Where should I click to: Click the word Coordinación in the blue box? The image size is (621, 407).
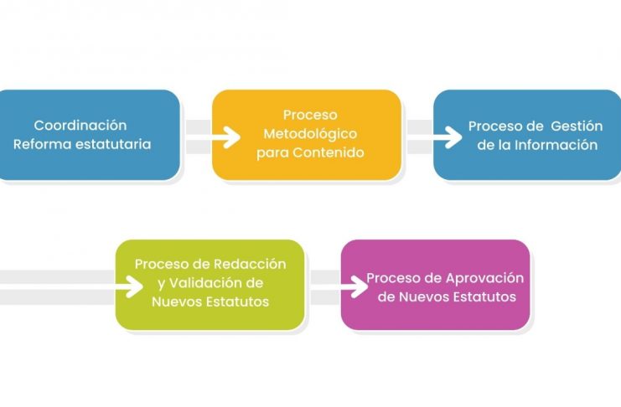coord(80,125)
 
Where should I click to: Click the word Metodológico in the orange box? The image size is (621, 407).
coord(310,134)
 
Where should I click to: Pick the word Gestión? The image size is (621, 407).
coord(577,126)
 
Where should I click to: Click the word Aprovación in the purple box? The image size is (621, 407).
coord(484,278)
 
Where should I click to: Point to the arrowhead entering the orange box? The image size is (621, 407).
coord(231,137)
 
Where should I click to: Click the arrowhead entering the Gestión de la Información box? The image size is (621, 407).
coord(453,137)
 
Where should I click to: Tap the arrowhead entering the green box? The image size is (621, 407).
coord(135,286)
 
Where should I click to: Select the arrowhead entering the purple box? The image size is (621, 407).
coord(360,286)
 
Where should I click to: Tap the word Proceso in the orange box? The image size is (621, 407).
coord(310,115)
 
